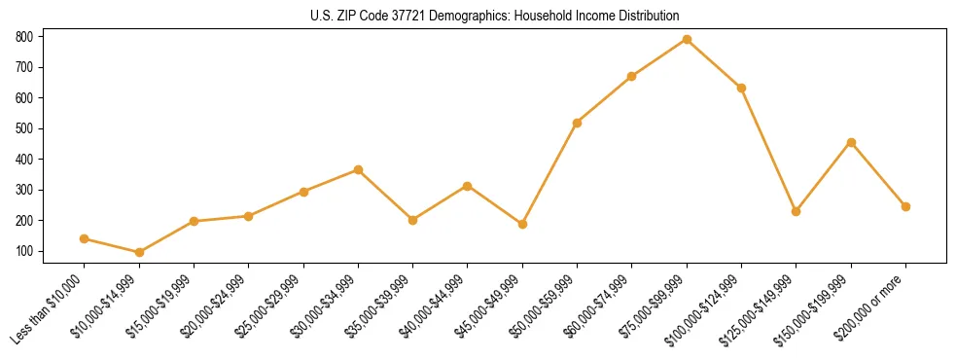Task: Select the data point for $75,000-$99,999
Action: (687, 39)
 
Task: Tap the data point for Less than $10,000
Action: (85, 238)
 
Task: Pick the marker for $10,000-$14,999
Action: (139, 252)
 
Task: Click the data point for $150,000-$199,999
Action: (851, 142)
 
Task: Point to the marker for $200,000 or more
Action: (905, 206)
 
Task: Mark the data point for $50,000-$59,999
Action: (578, 123)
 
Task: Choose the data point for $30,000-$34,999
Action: (358, 169)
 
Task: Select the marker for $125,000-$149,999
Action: (797, 211)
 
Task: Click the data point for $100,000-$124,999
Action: (741, 88)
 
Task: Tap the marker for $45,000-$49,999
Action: (522, 224)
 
